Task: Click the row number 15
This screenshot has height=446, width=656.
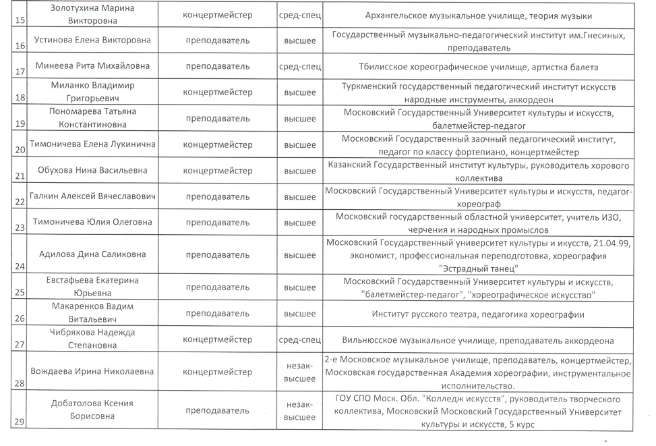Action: (19, 20)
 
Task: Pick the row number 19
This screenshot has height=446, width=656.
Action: (19, 123)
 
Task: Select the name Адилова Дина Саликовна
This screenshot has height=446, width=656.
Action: (94, 254)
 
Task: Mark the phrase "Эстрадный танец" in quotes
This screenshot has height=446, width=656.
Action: (478, 269)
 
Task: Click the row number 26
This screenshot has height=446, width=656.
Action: (19, 318)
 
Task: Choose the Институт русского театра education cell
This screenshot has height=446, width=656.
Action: (478, 314)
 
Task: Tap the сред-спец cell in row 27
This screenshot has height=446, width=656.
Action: (300, 339)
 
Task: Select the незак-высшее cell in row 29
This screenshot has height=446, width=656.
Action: (300, 410)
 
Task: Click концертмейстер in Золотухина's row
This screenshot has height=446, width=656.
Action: (218, 15)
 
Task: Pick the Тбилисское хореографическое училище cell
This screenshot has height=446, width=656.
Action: (478, 67)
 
